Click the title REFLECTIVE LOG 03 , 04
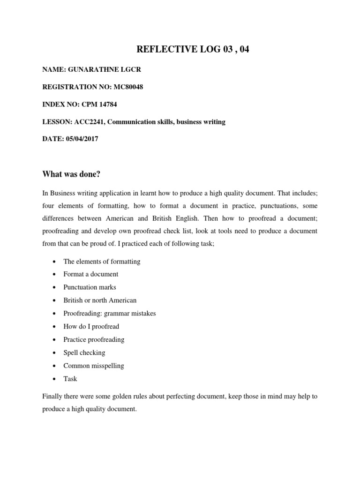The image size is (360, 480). [x=193, y=50]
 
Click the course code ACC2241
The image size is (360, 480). [x=86, y=122]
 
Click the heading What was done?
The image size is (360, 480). [x=71, y=174]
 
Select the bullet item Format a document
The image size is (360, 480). [x=91, y=274]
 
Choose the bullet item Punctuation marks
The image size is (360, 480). [x=90, y=287]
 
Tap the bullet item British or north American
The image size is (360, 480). [x=100, y=300]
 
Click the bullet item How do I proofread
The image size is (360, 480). [x=91, y=326]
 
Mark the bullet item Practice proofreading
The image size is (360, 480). [x=94, y=339]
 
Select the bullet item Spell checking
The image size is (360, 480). [x=84, y=352]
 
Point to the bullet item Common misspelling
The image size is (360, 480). [x=94, y=366]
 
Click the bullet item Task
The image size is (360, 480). [x=70, y=379]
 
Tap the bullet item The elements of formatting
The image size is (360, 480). [x=102, y=261]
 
